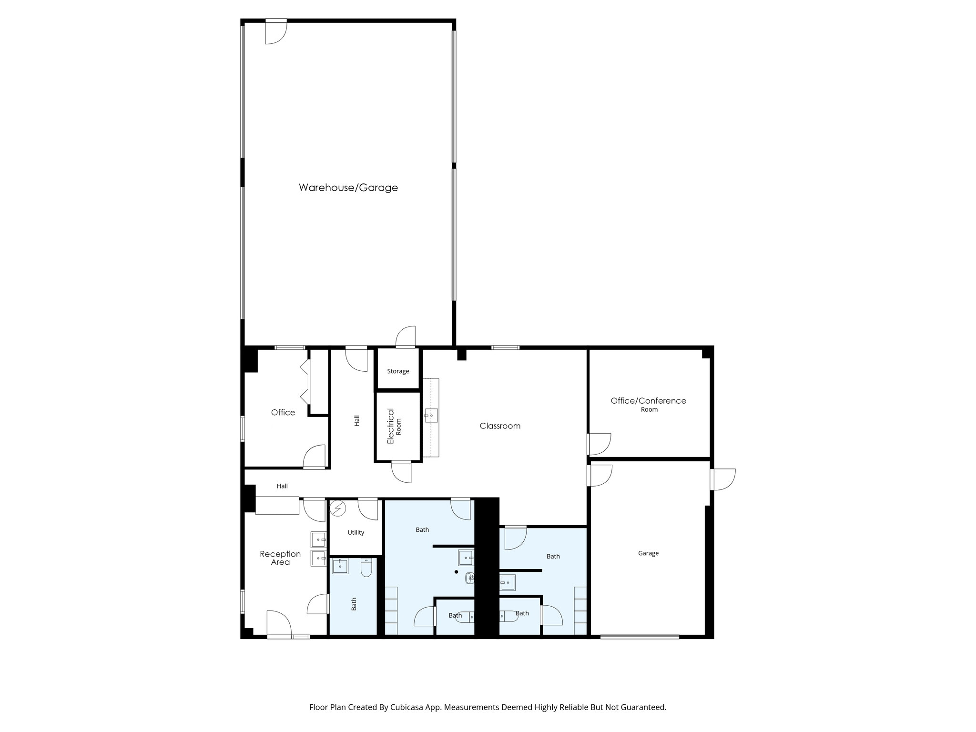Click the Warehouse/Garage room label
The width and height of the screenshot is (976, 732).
[x=348, y=188]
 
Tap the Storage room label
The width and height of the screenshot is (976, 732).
[x=398, y=371]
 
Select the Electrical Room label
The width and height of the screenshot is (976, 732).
[x=394, y=426]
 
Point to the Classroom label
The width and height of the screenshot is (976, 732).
[x=500, y=426]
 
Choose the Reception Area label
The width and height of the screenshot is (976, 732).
[x=280, y=558]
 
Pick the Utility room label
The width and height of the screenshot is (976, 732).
[x=356, y=533]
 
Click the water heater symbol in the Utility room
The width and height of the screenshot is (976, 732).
[x=338, y=508]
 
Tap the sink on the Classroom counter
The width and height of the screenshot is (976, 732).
[x=431, y=416]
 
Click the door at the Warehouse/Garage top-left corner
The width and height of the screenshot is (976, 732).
[x=275, y=33]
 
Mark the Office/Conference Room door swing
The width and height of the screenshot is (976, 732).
[x=600, y=444]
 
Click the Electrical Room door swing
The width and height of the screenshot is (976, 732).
[x=401, y=472]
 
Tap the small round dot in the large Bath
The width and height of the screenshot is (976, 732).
[x=456, y=572]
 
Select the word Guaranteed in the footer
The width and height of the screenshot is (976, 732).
[x=645, y=707]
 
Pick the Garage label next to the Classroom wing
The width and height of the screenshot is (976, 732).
[x=648, y=553]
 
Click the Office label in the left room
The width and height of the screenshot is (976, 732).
[x=283, y=413]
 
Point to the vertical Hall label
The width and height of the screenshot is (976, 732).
[x=356, y=421]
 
